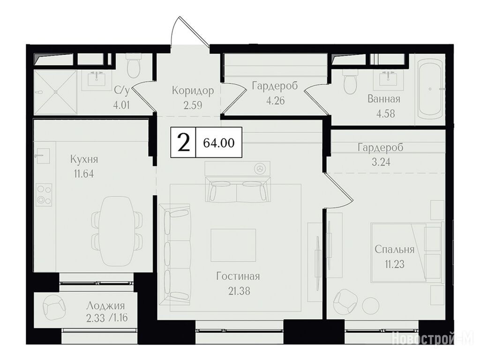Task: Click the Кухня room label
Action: [84, 160]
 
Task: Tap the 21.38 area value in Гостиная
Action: [239, 291]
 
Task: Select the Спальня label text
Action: [395, 249]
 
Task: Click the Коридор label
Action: [193, 90]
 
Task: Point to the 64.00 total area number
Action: [219, 142]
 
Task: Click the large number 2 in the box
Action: [183, 142]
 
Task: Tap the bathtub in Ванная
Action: [430, 89]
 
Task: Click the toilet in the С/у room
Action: [134, 66]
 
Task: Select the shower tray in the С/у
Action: [55, 92]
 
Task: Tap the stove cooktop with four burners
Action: [44, 195]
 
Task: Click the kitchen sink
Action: [43, 156]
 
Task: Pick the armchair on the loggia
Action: [54, 306]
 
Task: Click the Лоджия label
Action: [105, 306]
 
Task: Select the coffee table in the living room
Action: [233, 245]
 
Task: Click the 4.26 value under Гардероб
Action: [275, 100]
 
